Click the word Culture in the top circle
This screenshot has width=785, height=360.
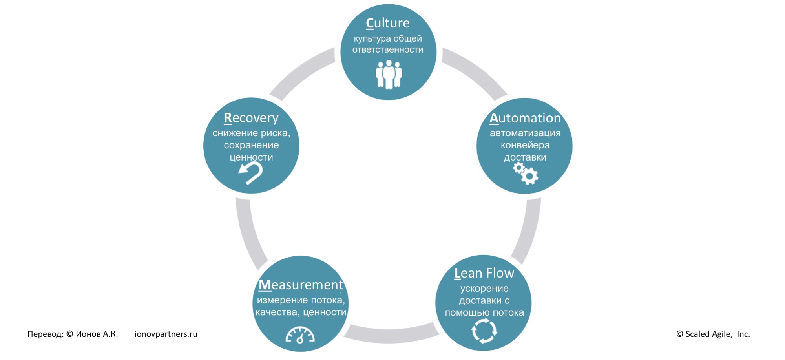388,23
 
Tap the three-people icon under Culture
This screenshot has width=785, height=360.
389,74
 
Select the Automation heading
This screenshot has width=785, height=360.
525,118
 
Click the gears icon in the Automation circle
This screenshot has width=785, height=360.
526,173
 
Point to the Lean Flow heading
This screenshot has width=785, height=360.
484,273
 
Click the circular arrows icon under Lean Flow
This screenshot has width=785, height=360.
484,331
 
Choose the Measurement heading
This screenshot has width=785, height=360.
301,285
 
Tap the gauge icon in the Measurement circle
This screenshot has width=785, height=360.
300,335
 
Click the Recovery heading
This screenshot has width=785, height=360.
251,118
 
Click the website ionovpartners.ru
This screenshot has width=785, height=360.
166,334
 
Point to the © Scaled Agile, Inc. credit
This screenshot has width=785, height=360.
713,334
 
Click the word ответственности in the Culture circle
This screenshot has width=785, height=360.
388,50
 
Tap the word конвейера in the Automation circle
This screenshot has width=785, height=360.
525,145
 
